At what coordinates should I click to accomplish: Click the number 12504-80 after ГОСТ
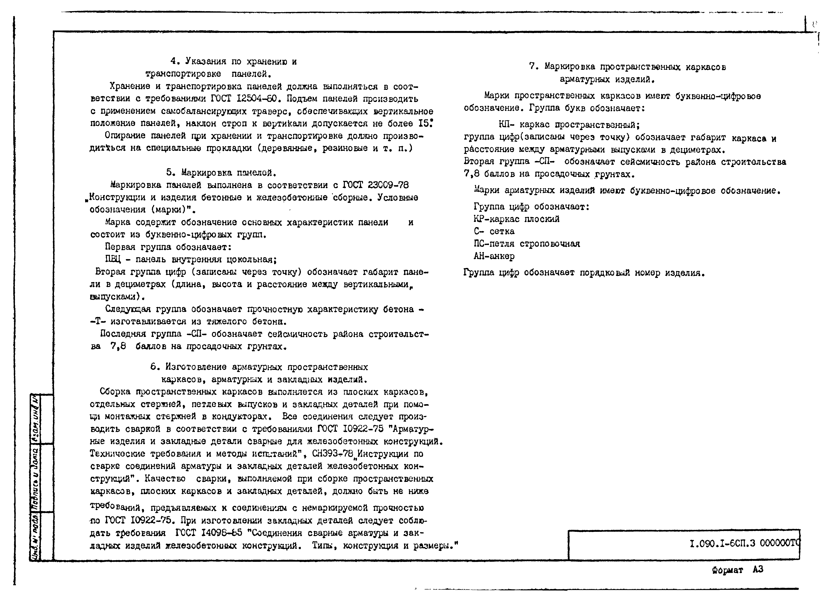pos(257,99)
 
